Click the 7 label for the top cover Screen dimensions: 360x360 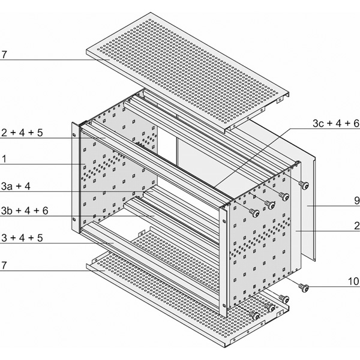point(4,55)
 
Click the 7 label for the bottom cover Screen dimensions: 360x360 point(4,265)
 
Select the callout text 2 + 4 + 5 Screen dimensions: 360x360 point(22,133)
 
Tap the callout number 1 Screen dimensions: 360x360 point(4,159)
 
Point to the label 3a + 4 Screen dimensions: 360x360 point(16,186)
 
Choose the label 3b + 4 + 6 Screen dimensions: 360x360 point(25,211)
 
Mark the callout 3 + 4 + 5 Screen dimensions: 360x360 point(22,238)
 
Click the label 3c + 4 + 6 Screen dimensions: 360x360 point(336,123)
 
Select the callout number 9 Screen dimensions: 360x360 point(357,200)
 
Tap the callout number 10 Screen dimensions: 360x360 point(353,281)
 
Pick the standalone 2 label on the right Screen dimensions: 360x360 point(357,226)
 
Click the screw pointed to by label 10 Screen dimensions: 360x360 point(304,287)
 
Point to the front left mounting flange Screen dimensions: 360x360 point(76,177)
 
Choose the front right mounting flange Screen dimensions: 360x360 point(223,262)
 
